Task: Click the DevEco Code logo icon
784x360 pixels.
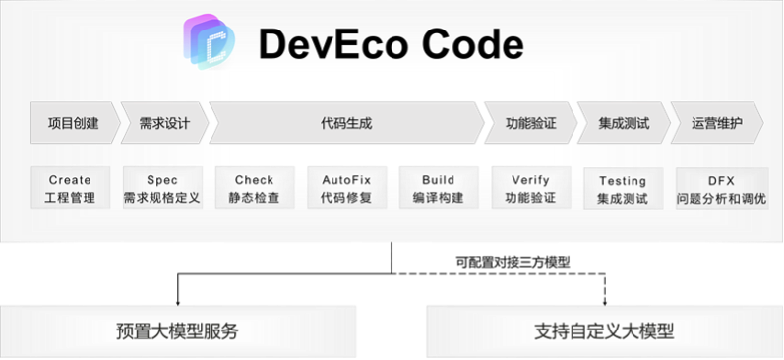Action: tap(209, 41)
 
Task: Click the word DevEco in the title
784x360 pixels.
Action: tap(333, 44)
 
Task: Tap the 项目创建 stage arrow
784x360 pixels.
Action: tap(76, 123)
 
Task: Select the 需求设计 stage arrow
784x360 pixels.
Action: tap(164, 123)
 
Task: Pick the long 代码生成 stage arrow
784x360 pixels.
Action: tap(346, 123)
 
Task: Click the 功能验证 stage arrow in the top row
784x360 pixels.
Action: tap(530, 123)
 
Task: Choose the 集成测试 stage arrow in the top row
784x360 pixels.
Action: tap(624, 123)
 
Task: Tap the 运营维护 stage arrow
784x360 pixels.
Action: tap(717, 123)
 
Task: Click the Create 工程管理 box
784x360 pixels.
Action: tap(71, 188)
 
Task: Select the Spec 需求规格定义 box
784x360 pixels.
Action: tap(162, 188)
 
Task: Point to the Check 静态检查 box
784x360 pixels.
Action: tap(255, 188)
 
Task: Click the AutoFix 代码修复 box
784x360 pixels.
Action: tap(346, 188)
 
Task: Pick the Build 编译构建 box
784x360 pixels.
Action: tap(439, 188)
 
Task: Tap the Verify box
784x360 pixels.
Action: tap(531, 188)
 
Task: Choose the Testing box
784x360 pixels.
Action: tap(623, 189)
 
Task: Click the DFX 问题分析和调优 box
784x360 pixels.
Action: tap(722, 189)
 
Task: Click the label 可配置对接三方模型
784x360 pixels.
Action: tap(513, 262)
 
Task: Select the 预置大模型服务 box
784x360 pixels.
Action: tap(178, 331)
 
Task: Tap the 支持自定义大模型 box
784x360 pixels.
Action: tap(605, 331)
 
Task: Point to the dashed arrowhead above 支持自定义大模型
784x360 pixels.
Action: tap(605, 302)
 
